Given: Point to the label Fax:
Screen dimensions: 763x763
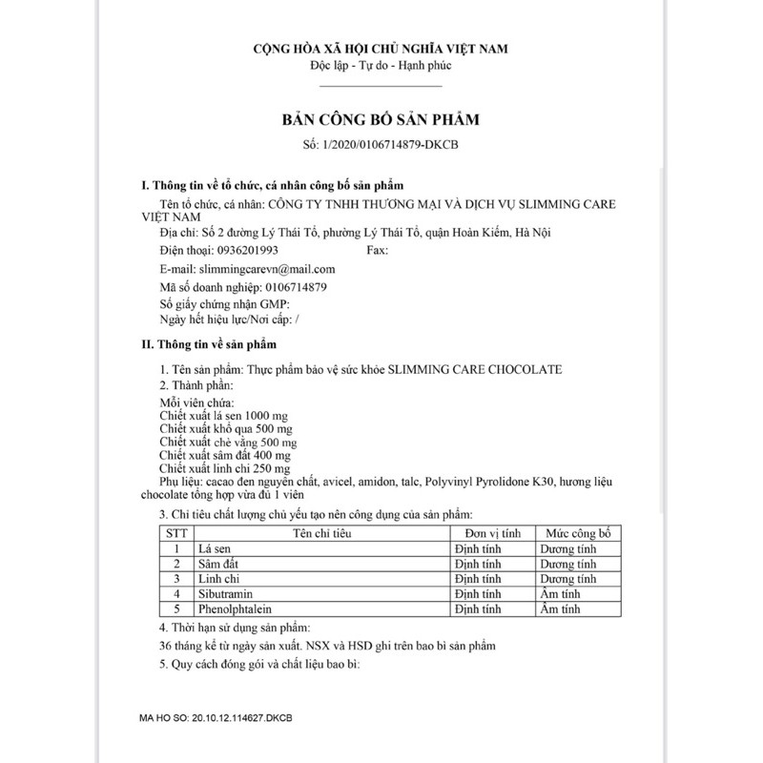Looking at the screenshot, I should [378, 250].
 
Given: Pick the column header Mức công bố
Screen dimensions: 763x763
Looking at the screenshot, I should [577, 533].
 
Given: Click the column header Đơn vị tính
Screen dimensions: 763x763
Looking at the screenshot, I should [489, 533].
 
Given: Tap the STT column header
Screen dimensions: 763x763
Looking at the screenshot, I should [175, 533].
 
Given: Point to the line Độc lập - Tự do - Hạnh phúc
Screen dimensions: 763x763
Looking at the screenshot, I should [380, 66].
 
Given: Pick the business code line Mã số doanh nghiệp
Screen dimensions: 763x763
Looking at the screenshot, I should [243, 286].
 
